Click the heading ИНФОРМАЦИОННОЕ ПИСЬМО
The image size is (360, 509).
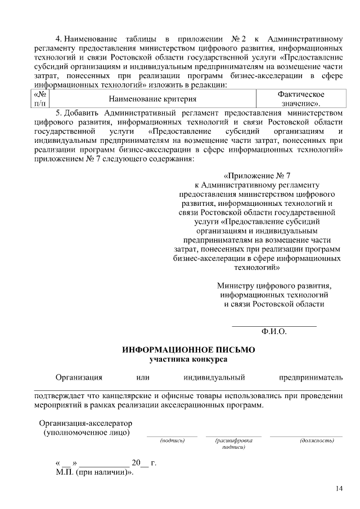point(188,349)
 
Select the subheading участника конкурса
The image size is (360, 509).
point(188,358)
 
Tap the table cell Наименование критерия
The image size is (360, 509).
point(152,100)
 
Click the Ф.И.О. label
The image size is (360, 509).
point(274,332)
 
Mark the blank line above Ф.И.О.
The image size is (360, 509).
point(274,326)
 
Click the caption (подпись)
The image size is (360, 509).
point(172,440)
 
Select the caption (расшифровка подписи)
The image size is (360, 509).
point(233,444)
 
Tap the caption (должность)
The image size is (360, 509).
point(306,440)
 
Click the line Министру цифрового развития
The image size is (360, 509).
point(274,285)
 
